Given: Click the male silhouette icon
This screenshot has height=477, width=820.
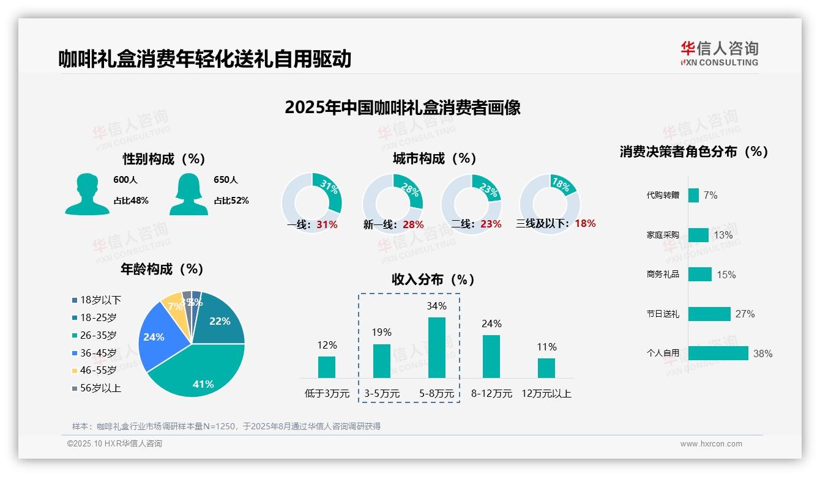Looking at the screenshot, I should point(87,194).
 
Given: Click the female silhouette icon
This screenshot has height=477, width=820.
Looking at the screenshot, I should point(188,194).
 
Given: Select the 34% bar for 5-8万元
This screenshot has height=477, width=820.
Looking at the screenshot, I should point(436,347).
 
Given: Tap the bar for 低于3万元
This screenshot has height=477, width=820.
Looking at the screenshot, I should point(327,367).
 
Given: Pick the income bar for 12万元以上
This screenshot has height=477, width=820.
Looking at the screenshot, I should point(546,368).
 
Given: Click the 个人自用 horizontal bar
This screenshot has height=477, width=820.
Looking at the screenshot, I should point(718,353).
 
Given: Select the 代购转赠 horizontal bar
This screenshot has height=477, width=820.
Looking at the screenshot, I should point(693,195).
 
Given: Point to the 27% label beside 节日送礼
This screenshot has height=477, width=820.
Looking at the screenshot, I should point(745,314).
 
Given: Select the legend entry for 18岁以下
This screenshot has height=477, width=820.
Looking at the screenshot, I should point(97,300).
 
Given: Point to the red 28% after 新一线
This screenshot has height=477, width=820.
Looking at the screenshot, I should point(413,224).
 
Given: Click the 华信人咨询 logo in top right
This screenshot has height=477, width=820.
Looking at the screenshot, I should point(719,53).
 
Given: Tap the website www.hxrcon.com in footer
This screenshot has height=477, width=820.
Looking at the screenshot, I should point(711,444).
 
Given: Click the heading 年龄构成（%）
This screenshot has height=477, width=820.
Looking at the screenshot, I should point(162,268).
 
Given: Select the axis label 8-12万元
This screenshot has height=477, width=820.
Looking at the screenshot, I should point(491,394).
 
